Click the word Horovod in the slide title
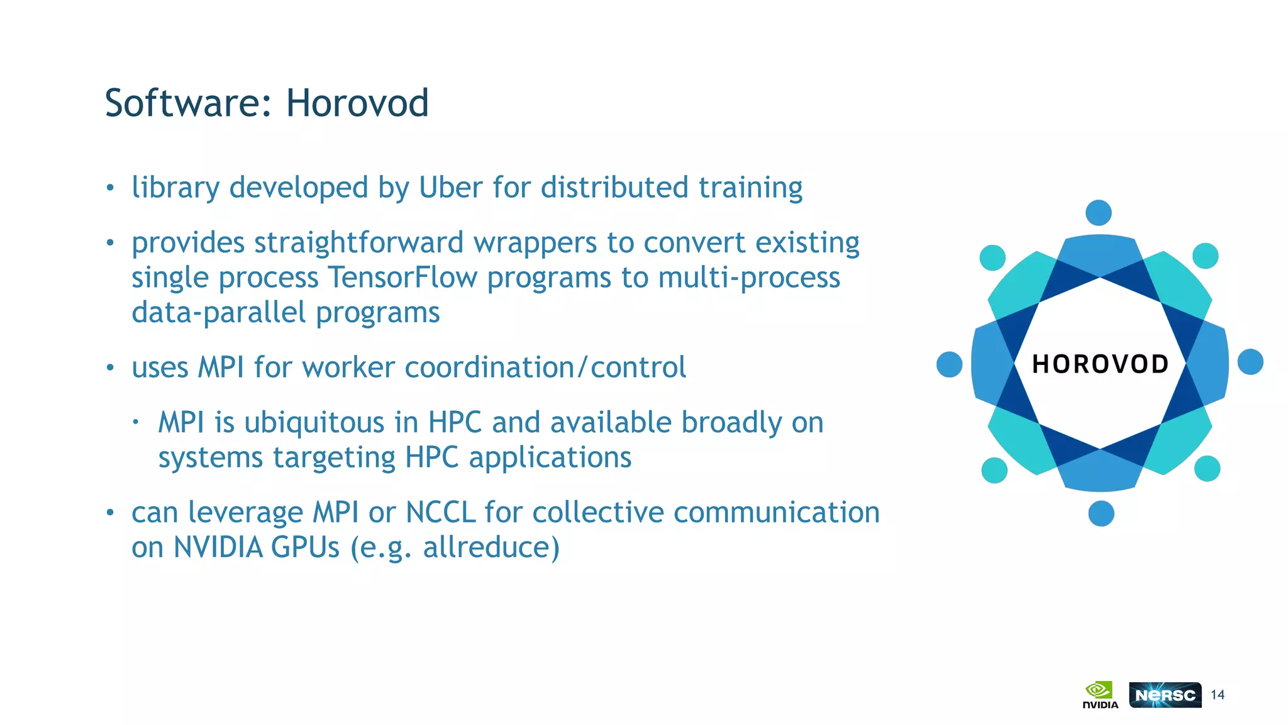pos(357,103)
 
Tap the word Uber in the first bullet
pos(450,188)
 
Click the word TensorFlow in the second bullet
pos(402,278)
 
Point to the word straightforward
pos(358,243)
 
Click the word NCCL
pos(440,512)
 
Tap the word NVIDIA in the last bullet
pos(218,547)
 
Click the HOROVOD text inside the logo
pos(1100,364)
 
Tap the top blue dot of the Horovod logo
pos(1099,213)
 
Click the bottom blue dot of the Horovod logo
pos(1101,514)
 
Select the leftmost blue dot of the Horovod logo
pos(950,364)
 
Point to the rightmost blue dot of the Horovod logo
pos(1250,362)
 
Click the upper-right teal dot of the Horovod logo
pos(1206,256)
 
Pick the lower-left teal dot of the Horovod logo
pos(994,470)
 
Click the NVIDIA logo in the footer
pos(1100,695)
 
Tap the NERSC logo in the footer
pos(1165,695)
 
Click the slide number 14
pos(1218,695)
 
